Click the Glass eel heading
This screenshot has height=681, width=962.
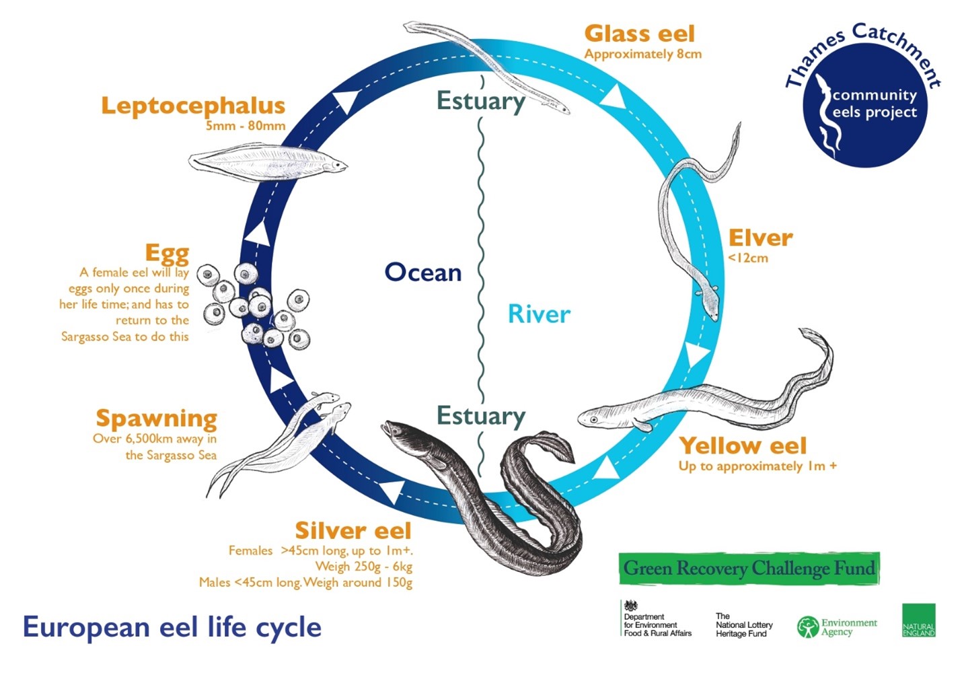[639, 33]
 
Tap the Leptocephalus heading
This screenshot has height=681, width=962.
[193, 106]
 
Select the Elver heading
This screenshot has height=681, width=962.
[760, 238]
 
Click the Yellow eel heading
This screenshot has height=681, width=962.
[743, 445]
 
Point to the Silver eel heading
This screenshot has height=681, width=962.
[353, 530]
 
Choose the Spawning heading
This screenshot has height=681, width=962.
[156, 418]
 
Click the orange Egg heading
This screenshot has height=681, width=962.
[167, 253]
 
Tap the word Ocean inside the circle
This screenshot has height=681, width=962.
[422, 273]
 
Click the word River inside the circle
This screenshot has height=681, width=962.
[539, 314]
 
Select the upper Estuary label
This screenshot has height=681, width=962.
[480, 101]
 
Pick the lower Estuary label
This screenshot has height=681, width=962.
[480, 416]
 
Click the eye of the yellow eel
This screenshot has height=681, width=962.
[594, 420]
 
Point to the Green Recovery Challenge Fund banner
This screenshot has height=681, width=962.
[749, 569]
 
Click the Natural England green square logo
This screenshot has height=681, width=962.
[918, 620]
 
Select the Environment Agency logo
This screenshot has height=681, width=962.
[837, 627]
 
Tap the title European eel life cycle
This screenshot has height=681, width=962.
[172, 627]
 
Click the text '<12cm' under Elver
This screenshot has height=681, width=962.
[747, 258]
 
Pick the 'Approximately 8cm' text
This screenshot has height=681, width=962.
[642, 55]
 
